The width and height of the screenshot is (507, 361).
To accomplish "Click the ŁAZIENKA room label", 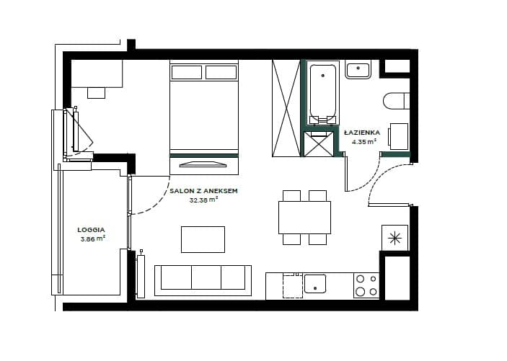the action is coord(362,133).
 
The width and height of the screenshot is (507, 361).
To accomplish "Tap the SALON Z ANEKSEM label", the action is coord(203,191).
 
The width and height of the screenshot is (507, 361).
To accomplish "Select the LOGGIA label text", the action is coord(91,230).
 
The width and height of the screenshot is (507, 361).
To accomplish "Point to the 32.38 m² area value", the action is coord(203,200).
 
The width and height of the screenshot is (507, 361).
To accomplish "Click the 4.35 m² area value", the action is coord(364,141).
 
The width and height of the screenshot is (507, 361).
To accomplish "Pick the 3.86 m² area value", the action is coord(93,239).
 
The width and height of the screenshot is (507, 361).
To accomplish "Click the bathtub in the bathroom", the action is coord(322,93).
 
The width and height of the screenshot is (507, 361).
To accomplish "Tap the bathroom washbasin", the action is coord(358,69).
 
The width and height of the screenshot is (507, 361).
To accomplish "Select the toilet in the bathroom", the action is coord(397,101).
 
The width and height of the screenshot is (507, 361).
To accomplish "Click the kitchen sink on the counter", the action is coord(315,284).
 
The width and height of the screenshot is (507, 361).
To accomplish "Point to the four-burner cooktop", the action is coord(366,286).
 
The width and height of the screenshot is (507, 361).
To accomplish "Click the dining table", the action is coord(304,218).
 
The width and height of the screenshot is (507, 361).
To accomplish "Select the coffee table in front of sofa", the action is coord(203,239).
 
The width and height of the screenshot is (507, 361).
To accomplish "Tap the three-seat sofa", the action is coord(203,280).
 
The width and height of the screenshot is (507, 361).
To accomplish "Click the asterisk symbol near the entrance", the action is coord(394,239).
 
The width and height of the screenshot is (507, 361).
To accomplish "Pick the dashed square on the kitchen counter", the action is coord(293,285).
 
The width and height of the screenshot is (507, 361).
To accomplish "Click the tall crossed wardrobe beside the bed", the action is coord(286,108).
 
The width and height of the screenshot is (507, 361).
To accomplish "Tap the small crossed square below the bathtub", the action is coord(319,144).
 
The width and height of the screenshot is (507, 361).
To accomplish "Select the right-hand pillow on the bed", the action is coord(221,72).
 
